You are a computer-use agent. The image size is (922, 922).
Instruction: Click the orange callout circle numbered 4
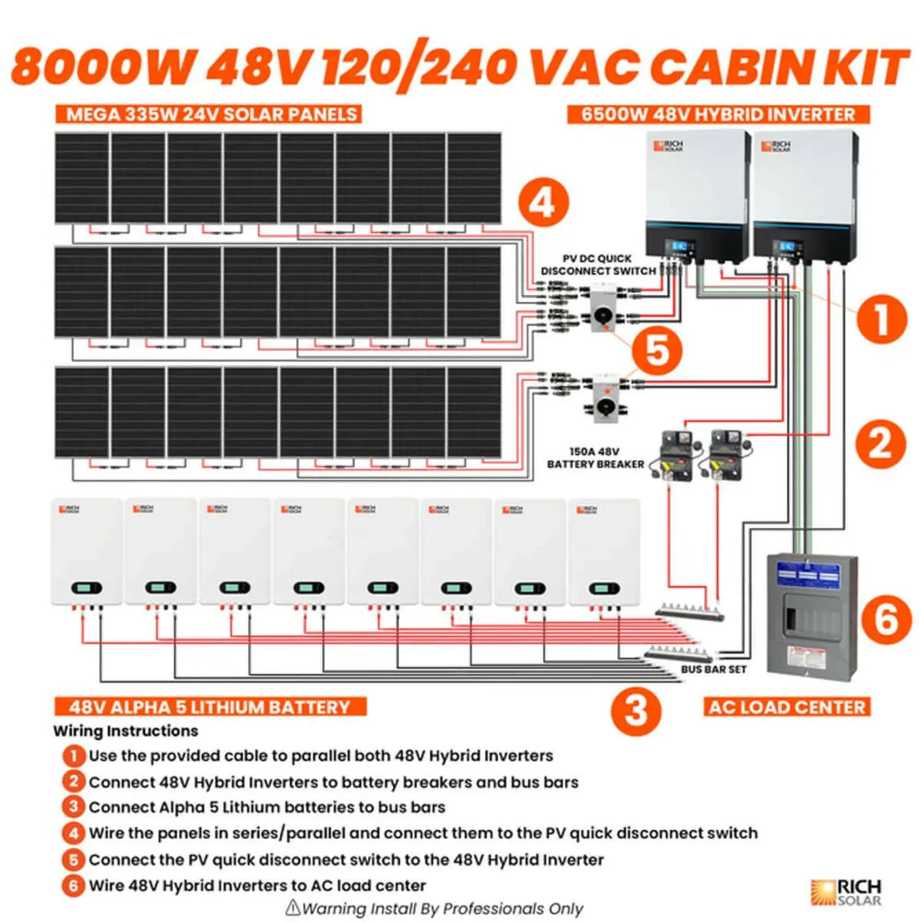[543, 204]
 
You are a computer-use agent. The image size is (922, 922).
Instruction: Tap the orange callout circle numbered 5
[657, 350]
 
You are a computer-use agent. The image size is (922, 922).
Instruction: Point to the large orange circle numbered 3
[636, 711]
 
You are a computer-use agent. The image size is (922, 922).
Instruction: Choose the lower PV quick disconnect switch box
[603, 396]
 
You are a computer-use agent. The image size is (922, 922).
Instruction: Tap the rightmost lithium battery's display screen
[604, 588]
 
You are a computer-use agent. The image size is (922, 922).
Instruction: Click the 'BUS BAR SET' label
[713, 670]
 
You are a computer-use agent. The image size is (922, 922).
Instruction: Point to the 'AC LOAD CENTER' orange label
[786, 707]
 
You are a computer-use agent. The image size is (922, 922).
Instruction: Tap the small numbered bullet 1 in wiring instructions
[74, 756]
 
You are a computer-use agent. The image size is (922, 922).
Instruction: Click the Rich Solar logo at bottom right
[847, 892]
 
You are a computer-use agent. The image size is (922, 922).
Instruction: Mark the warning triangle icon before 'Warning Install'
[293, 907]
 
